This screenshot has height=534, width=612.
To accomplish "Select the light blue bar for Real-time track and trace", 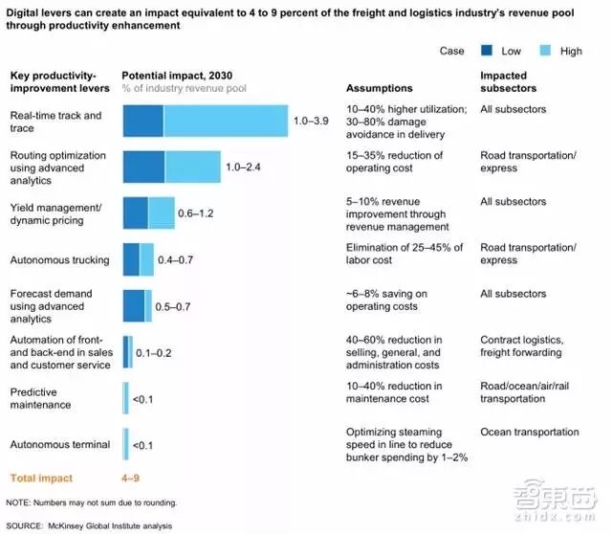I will (226, 122).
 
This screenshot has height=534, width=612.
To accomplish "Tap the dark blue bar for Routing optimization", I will (143, 167).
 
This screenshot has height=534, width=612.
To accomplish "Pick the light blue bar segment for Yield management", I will (162, 212).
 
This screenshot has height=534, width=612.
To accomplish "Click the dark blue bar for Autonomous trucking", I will (131, 258).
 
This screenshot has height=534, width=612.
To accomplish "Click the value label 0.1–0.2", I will (154, 352).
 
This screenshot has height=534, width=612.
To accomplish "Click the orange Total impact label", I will (41, 477).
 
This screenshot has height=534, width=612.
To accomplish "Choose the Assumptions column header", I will (381, 87).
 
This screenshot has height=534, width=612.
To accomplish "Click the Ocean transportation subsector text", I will (529, 432).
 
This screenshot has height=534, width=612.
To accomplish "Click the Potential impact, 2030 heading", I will (176, 75).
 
